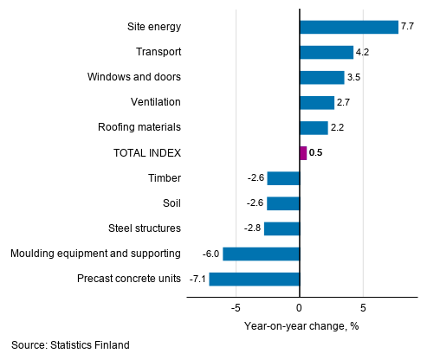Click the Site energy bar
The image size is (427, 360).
348,27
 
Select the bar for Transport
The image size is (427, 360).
326,52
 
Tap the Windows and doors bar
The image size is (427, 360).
321,77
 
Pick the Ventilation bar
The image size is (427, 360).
316,103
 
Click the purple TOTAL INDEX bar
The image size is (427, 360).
302,153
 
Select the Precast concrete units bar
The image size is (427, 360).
254,279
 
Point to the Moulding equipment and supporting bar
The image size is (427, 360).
261,254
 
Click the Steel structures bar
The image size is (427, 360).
281,228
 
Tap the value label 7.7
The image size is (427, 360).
407,27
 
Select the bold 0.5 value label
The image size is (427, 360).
316,153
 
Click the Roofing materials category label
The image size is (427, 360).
139,128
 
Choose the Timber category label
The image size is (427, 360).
164,178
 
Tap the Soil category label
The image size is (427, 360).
171,203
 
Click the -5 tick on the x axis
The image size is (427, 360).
234,307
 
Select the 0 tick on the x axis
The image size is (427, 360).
299,307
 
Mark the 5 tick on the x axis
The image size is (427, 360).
364,307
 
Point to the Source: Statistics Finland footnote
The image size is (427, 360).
70,345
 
